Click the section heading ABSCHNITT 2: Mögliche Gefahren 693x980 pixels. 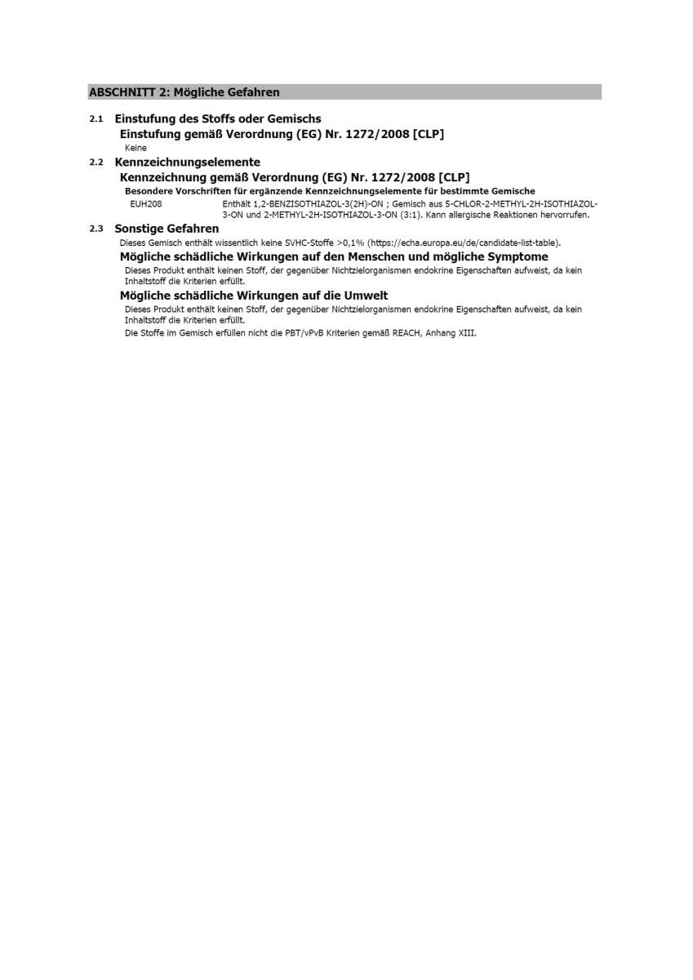click(184, 92)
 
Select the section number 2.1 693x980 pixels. click(96, 119)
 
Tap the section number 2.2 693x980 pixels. click(96, 163)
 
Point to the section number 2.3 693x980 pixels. click(96, 229)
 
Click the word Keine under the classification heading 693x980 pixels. click(135, 148)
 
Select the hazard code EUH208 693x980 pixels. click(146, 203)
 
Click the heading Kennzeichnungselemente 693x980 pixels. click(187, 162)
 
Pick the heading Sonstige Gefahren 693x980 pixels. click(167, 229)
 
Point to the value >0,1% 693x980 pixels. click(350, 243)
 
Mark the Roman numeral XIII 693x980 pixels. click(465, 333)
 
